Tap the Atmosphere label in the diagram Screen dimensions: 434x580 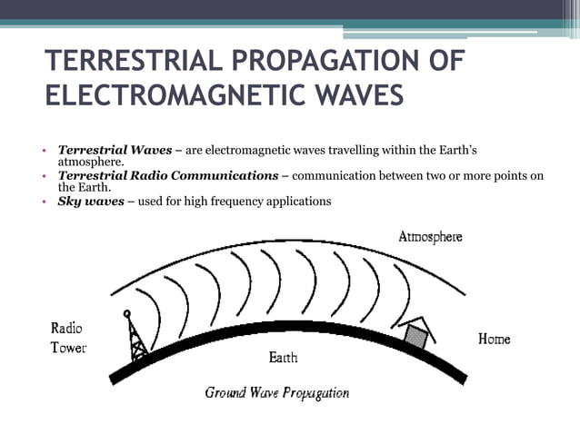pos(430,237)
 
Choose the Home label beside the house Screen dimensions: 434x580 pos(494,340)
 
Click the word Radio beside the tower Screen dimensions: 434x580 pos(66,329)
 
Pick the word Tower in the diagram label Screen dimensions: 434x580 pos(68,349)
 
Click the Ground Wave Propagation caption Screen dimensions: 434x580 pos(276,393)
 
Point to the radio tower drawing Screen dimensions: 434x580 pos(136,336)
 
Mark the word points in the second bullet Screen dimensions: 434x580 pos(505,175)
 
